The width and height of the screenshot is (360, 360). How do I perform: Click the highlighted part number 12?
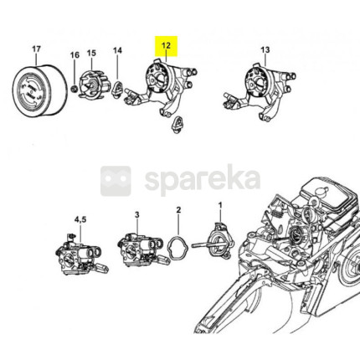166,45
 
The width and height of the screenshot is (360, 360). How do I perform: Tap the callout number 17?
37,49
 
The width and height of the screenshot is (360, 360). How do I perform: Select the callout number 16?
75,55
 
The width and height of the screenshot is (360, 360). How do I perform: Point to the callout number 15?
91,53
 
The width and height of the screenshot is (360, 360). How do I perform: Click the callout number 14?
117,50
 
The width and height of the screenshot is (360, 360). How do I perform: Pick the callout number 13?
265,50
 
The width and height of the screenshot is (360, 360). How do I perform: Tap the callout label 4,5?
80,219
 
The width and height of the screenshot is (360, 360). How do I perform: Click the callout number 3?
136,214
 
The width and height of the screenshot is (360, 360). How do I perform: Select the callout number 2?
178,209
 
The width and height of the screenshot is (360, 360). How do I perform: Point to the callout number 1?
220,205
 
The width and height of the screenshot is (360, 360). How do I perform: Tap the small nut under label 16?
75,90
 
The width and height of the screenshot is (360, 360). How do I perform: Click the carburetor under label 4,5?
81,255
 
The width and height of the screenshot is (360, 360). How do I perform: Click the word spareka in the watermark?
203,180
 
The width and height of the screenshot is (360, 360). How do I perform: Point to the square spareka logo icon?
116,181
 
